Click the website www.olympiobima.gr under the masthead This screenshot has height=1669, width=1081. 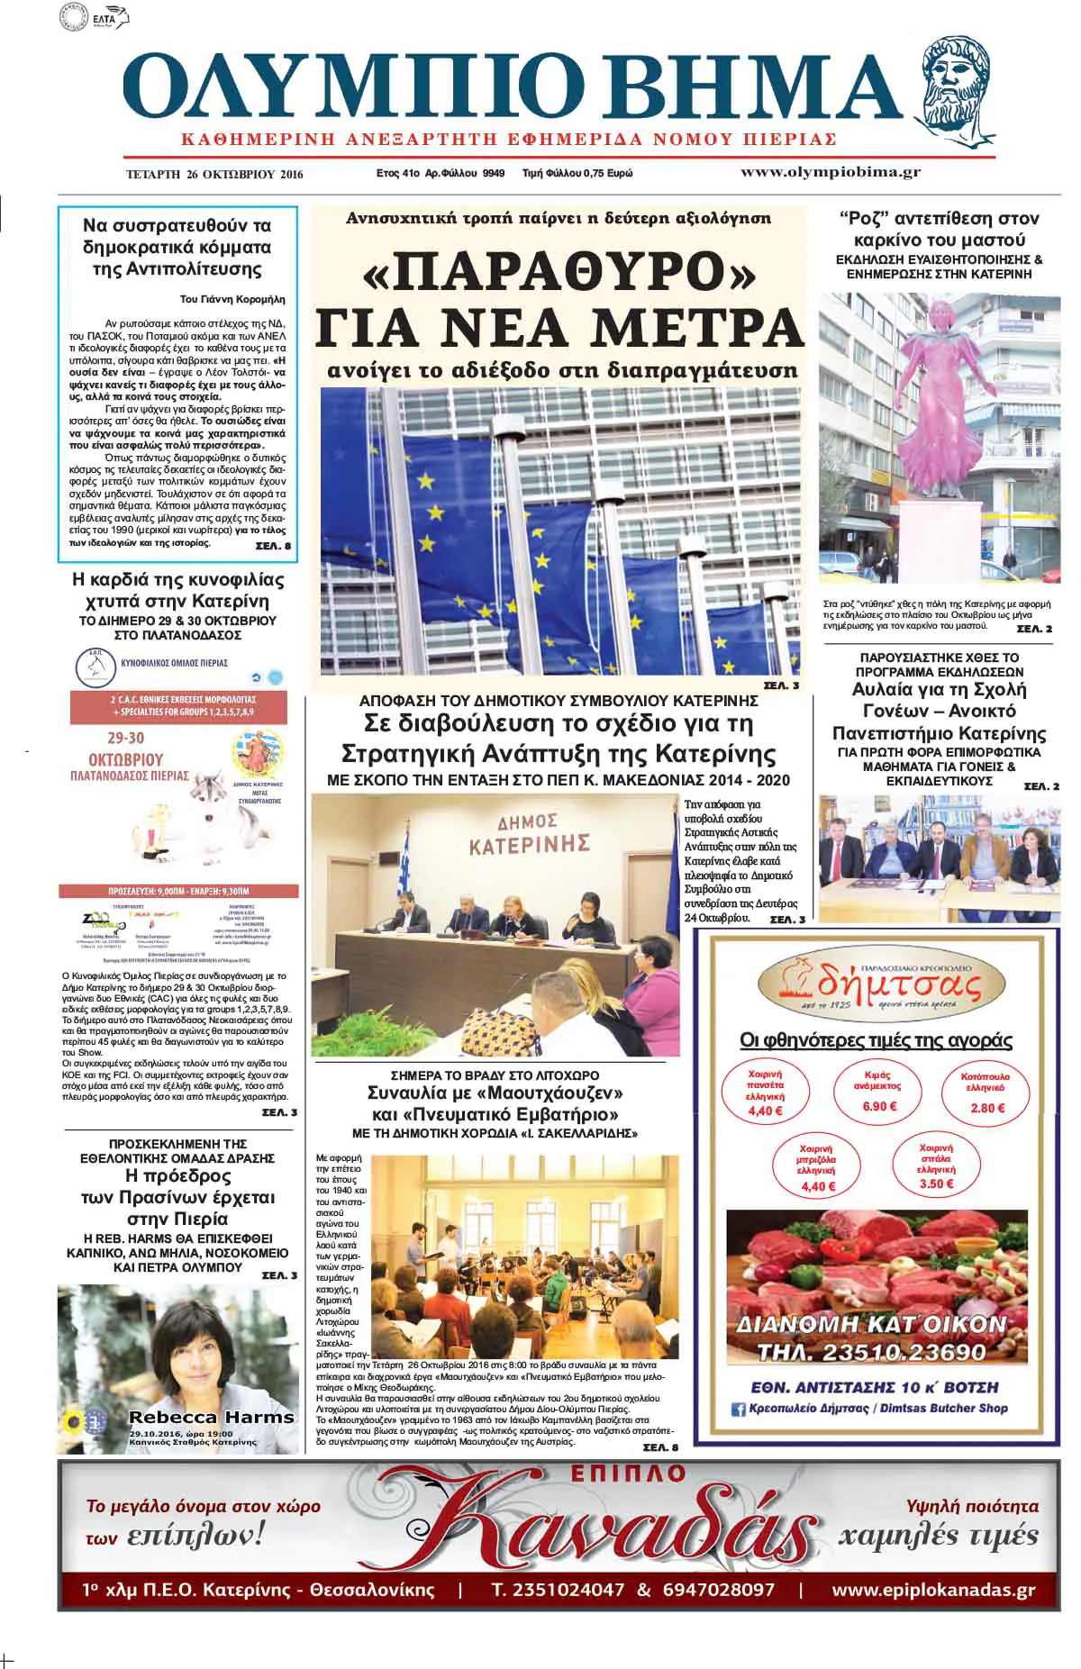point(830,172)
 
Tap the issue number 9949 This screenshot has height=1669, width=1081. point(493,173)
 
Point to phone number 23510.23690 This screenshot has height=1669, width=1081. point(871,1353)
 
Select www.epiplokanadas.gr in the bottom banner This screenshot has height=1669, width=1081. point(933,1591)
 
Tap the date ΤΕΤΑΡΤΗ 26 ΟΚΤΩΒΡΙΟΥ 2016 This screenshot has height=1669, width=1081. point(214,175)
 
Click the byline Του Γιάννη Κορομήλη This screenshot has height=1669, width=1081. point(232,299)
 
